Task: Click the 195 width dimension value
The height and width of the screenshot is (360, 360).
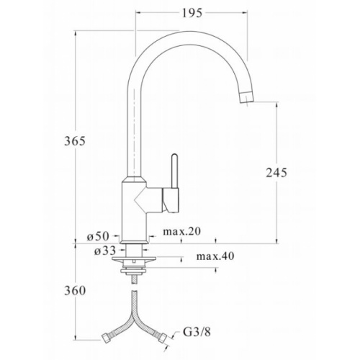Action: tap(191, 13)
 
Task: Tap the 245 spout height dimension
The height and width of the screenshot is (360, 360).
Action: tap(276, 172)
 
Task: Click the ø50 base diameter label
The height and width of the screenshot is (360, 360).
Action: tap(96, 235)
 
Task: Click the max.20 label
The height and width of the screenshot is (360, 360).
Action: tap(180, 231)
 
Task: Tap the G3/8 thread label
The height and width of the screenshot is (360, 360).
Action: tap(196, 333)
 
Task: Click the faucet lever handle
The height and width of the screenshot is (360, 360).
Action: tap(172, 173)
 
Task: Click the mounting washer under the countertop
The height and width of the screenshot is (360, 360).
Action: tap(133, 261)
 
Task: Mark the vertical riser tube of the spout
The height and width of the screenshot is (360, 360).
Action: tap(135, 130)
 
